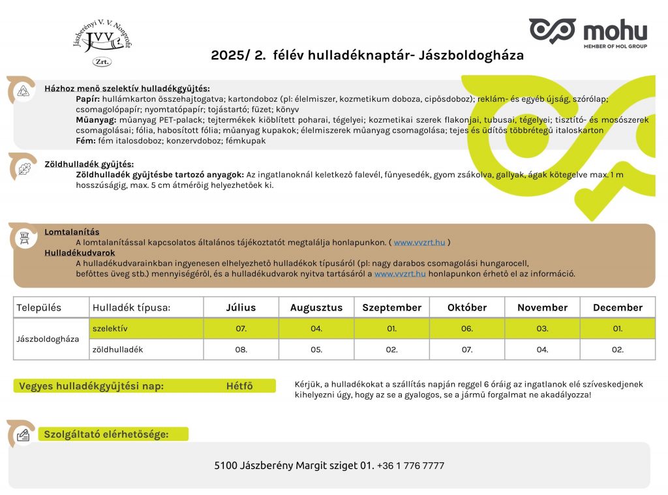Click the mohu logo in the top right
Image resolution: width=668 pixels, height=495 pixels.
click(x=588, y=31)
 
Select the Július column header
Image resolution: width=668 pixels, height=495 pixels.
click(x=241, y=308)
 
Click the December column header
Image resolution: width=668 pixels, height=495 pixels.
click(x=617, y=308)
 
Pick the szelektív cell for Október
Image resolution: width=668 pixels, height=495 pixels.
click(x=467, y=329)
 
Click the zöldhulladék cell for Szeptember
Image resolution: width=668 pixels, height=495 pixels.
click(x=391, y=350)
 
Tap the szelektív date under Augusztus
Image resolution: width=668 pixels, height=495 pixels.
click(x=316, y=329)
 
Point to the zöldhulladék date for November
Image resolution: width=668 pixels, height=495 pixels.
click(x=542, y=350)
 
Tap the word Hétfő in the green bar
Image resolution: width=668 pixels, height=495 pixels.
click(x=239, y=386)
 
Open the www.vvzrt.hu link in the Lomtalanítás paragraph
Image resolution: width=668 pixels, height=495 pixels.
click(x=419, y=243)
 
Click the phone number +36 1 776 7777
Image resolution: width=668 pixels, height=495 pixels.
click(x=410, y=466)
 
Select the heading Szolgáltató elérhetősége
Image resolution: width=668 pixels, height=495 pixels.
click(x=106, y=434)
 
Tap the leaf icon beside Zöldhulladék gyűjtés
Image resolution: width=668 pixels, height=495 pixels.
click(x=24, y=167)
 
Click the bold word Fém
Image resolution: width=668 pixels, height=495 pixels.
click(x=85, y=140)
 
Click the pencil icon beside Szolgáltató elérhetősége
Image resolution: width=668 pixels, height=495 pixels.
click(x=24, y=434)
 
